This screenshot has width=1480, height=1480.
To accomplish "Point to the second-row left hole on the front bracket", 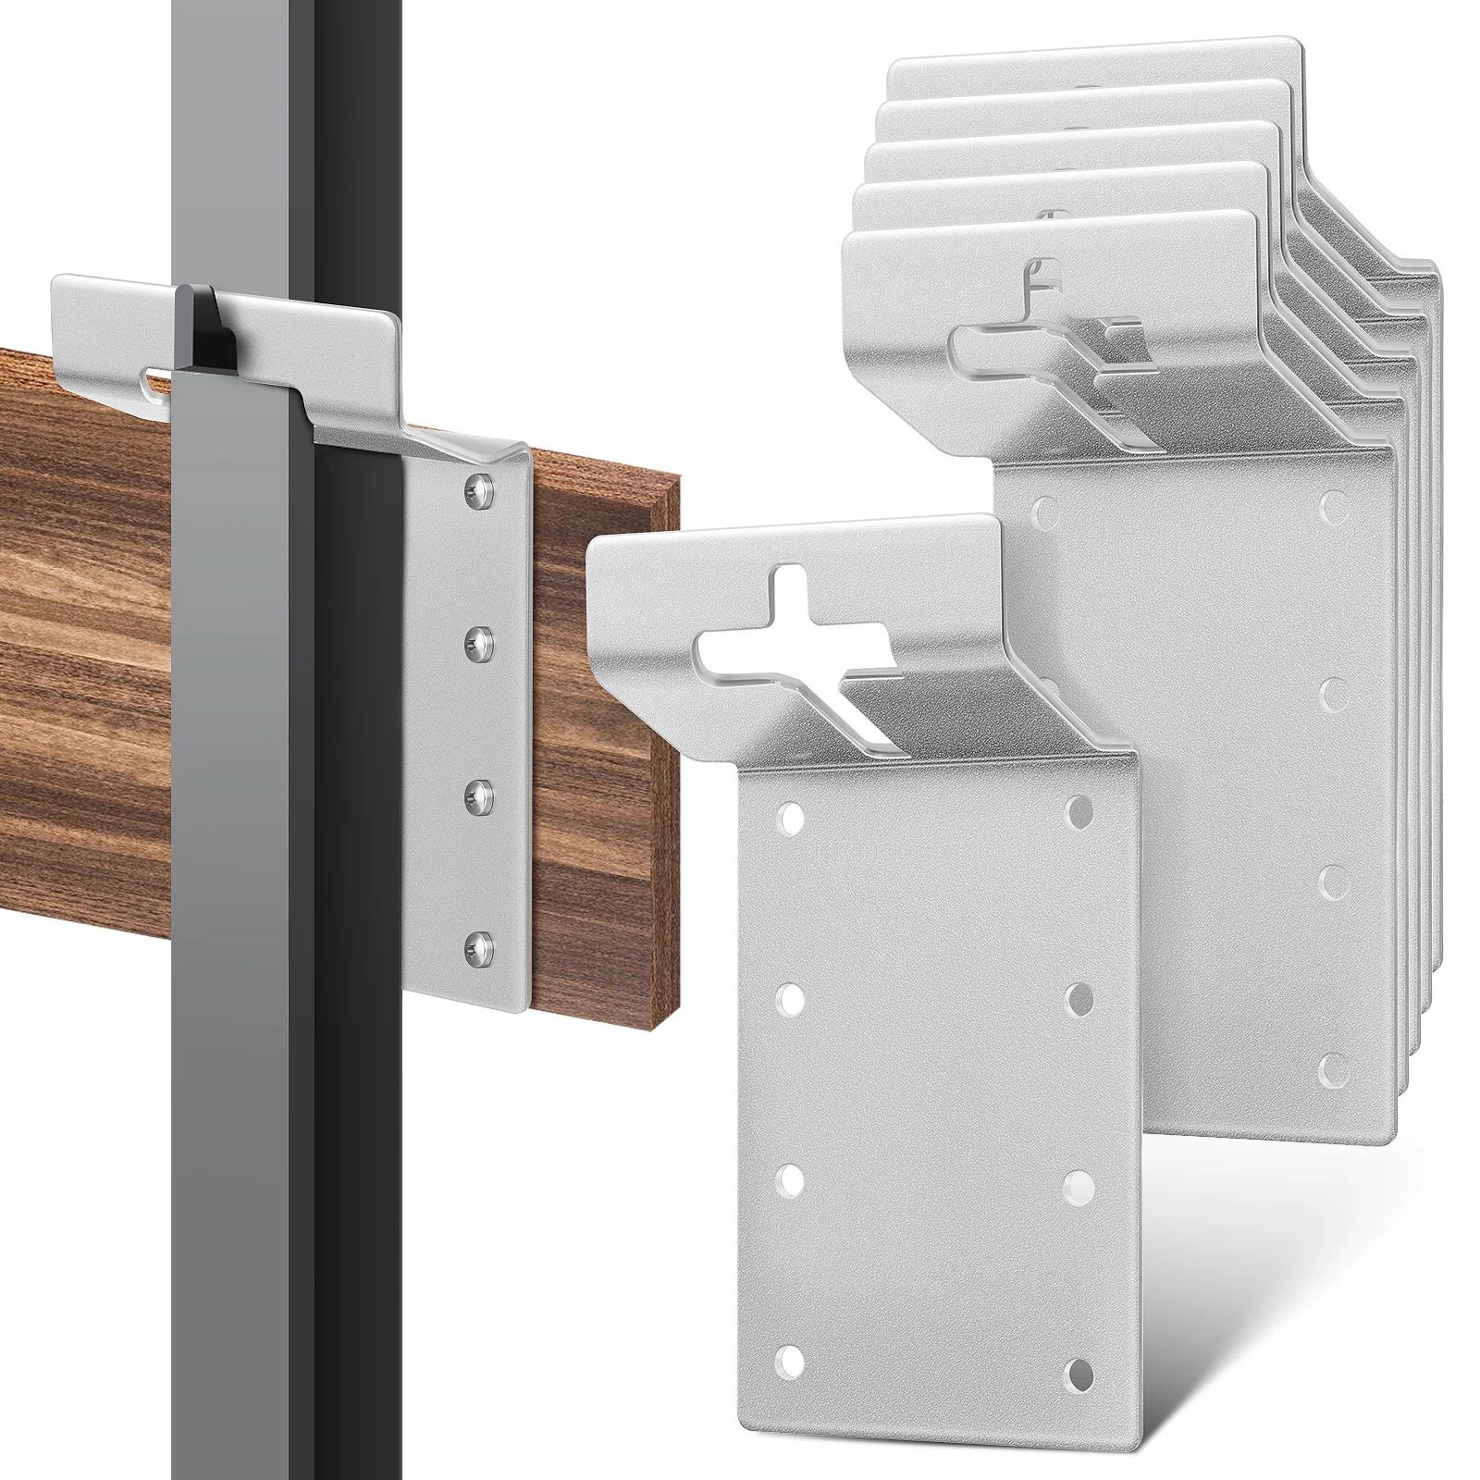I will pos(788,998).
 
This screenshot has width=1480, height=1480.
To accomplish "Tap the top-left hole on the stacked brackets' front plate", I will pos(1045,508).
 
